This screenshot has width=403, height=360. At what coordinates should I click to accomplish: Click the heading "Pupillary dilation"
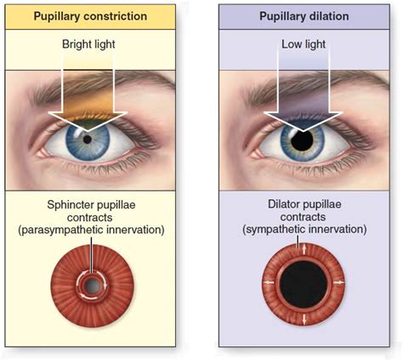pos(303,15)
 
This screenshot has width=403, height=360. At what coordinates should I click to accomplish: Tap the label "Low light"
pos(304,42)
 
